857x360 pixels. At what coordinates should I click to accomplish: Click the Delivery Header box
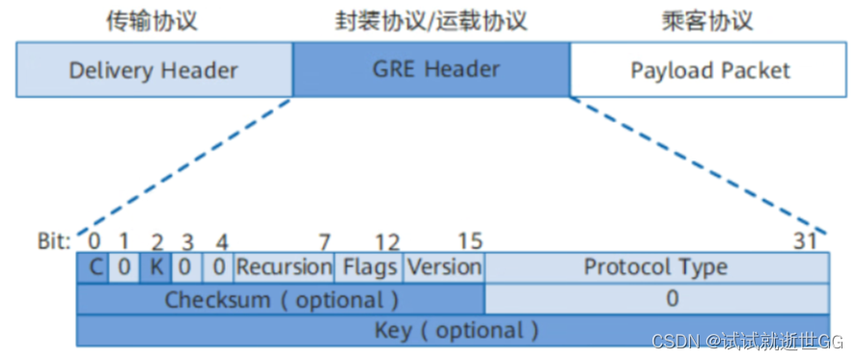click(x=153, y=70)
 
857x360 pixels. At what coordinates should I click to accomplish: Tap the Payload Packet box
click(x=709, y=70)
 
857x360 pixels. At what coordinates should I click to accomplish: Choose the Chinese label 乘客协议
click(x=709, y=21)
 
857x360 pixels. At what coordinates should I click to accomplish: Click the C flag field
click(x=93, y=266)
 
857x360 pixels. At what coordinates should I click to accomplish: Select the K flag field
click(x=155, y=266)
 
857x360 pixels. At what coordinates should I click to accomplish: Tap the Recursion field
click(x=285, y=266)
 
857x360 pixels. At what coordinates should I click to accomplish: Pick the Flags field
click(x=370, y=266)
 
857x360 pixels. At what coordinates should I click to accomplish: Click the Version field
click(x=444, y=266)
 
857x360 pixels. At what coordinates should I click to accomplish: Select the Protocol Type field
click(x=655, y=266)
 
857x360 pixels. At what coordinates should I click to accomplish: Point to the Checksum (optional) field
click(x=281, y=298)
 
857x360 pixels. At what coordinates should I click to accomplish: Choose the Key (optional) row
click(x=453, y=330)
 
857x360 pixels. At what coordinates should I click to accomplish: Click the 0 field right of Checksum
click(x=655, y=298)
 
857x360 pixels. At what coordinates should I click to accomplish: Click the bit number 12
click(x=387, y=240)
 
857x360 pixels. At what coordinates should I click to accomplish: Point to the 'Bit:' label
click(x=52, y=240)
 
